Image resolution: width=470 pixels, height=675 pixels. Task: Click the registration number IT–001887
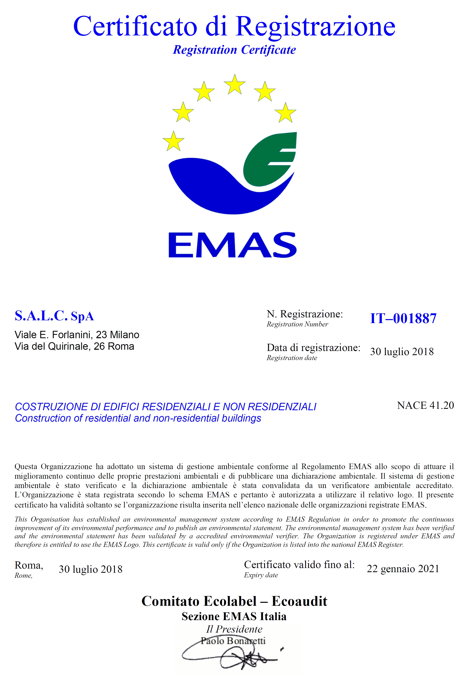point(403,318)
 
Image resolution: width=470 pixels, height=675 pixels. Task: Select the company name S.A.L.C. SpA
point(54,316)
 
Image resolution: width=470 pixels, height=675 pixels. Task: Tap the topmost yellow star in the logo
point(235,84)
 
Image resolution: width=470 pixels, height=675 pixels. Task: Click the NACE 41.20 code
point(425,405)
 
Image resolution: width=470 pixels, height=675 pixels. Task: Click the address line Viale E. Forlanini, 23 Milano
point(77,335)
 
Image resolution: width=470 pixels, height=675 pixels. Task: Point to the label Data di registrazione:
point(313,348)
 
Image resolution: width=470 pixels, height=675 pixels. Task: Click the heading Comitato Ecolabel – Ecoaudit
point(235,601)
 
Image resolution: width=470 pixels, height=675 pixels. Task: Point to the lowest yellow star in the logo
point(173,141)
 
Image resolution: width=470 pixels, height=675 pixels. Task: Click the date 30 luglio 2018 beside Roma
point(91,569)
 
